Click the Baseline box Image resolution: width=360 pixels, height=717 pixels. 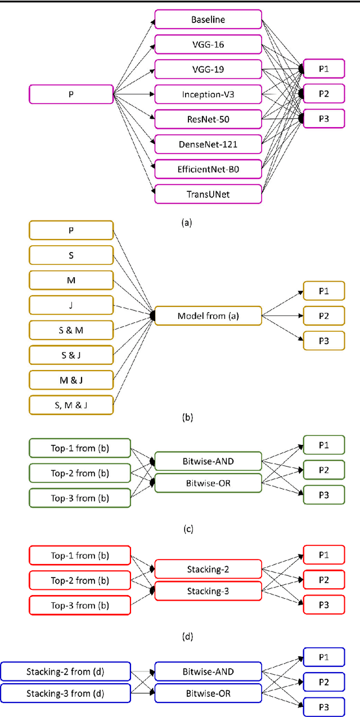click(208, 20)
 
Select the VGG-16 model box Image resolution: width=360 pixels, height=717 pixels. click(208, 44)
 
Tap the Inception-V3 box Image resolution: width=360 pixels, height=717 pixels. click(208, 94)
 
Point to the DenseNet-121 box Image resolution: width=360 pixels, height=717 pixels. click(208, 144)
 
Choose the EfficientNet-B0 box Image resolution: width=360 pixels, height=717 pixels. click(208, 169)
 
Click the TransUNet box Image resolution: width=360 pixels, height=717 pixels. click(208, 193)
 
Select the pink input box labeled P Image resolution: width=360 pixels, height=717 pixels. click(71, 94)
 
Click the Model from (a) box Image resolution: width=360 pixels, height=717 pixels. click(208, 316)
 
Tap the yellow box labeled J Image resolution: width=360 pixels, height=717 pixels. click(71, 305)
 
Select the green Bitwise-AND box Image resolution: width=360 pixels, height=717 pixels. click(208, 461)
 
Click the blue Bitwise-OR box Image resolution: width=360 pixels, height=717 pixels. click(208, 694)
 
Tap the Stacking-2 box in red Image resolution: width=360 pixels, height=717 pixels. click(208, 569)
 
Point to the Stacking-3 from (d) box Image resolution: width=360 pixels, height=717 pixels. click(66, 694)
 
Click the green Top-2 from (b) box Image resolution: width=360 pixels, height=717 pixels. click(79, 472)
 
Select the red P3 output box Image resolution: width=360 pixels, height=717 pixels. click(323, 605)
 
